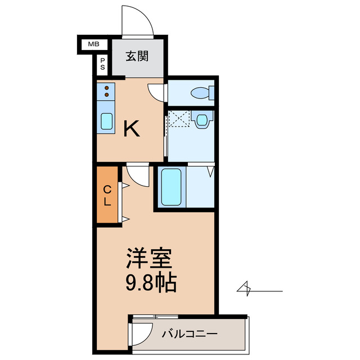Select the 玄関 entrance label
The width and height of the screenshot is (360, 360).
pos(137,56)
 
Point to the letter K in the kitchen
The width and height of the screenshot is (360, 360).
pos(132,129)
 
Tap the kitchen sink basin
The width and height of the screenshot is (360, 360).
pos(106,120)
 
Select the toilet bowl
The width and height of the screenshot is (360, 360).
pos(200,92)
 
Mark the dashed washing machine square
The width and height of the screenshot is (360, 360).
pos(179,120)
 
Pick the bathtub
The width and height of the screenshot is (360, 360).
pos(171,186)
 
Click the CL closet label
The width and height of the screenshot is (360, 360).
pos(107,195)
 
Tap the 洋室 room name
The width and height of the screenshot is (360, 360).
pos(148,259)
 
